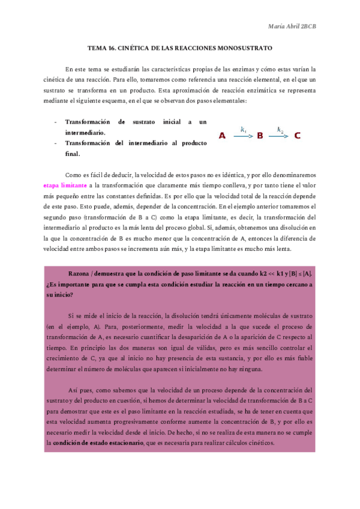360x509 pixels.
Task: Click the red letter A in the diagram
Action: point(222,136)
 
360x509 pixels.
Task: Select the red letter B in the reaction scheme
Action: point(260,136)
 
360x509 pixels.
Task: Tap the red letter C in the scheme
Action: point(298,136)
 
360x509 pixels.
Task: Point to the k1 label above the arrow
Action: point(243,129)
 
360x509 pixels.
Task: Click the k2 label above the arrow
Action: point(280,129)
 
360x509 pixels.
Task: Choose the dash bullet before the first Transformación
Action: point(56,121)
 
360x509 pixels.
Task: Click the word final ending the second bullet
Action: point(72,154)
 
